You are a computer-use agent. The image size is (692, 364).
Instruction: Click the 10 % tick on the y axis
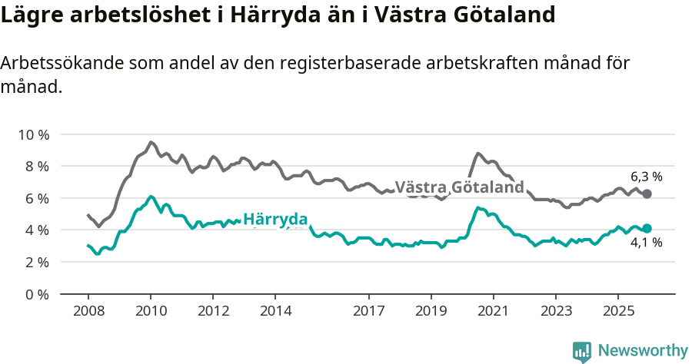tap(34, 135)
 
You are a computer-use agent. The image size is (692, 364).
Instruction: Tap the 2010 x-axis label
tap(151, 311)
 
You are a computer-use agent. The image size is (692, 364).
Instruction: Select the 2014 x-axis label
tap(275, 311)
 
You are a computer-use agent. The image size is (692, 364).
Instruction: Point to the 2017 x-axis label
tap(369, 311)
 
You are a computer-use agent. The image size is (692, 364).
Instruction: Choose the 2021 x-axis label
tap(494, 311)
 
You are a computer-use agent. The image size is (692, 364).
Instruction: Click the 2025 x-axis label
tap(618, 311)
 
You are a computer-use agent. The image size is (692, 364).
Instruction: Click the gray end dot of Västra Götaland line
tap(647, 194)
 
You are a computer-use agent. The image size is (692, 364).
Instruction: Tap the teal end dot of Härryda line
tap(647, 228)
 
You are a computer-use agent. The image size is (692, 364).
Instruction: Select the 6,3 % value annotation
tap(646, 176)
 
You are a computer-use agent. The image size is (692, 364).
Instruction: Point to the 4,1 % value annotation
tap(646, 243)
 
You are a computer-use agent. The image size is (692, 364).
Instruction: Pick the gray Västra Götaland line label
tap(459, 187)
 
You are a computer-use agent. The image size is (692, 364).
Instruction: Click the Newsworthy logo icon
tap(582, 351)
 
